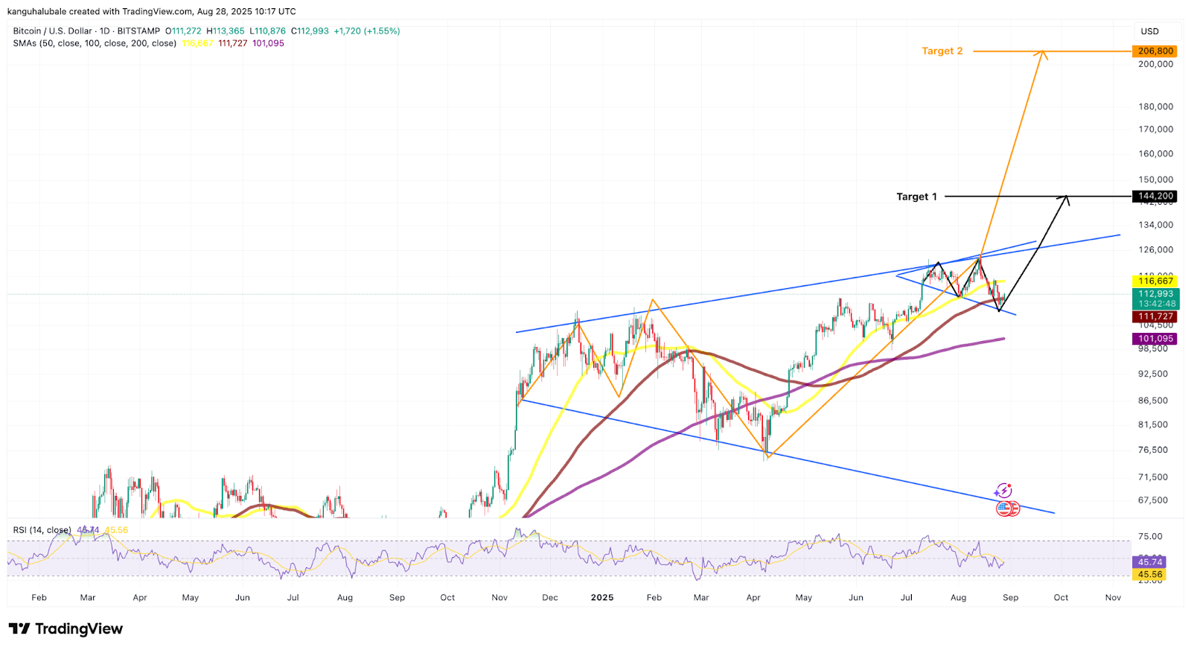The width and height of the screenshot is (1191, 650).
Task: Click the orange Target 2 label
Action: tap(942, 51)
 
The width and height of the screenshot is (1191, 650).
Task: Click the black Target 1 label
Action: tap(916, 197)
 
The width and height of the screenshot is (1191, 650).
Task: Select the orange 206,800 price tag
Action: tap(1155, 51)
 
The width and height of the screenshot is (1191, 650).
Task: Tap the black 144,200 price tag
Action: tap(1155, 197)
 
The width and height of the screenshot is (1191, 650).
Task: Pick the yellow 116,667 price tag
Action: tap(1155, 281)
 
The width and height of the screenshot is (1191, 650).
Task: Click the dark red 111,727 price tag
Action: tap(1155, 316)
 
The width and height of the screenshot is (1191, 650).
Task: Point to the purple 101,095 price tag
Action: tap(1155, 339)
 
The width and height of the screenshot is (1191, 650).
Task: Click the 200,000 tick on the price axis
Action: tap(1155, 64)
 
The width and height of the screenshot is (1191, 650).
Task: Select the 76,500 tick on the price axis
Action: tap(1153, 450)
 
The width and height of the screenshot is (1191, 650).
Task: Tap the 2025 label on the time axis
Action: tap(601, 598)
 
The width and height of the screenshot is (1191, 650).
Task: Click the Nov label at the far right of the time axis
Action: tap(1113, 598)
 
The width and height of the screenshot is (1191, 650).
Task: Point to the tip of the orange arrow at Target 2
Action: tap(1044, 51)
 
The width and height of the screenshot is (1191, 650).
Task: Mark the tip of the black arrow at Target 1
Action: tap(1067, 197)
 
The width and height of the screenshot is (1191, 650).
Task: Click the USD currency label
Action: tap(1150, 31)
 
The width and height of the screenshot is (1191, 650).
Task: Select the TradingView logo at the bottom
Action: tap(66, 629)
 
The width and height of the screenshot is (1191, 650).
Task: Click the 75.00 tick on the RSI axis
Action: tap(1150, 536)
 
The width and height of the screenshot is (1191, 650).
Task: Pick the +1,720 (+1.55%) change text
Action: tap(367, 31)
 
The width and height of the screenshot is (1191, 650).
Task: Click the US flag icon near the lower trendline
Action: tap(1004, 509)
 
